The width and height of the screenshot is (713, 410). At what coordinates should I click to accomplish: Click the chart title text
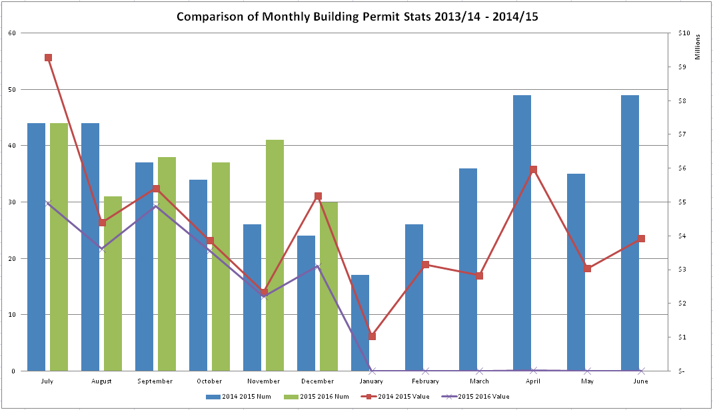[357, 17]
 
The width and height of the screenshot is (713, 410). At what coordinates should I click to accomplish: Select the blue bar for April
[522, 233]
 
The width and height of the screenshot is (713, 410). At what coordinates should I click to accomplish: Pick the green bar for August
[113, 284]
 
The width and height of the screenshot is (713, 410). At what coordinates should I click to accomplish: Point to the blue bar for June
[630, 233]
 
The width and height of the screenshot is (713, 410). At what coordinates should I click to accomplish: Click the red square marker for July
[48, 58]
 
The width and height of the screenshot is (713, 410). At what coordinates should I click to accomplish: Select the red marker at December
[318, 196]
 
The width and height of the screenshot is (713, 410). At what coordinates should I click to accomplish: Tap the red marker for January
[372, 336]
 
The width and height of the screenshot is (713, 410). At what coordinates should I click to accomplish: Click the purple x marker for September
[156, 206]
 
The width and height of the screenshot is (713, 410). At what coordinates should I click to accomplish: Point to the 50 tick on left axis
[13, 89]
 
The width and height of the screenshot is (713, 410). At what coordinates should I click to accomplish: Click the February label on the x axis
[425, 381]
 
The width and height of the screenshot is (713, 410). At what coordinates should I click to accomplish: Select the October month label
[209, 381]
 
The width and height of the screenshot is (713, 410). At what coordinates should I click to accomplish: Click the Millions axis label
[698, 48]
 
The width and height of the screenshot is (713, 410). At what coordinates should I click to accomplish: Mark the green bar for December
[329, 286]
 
